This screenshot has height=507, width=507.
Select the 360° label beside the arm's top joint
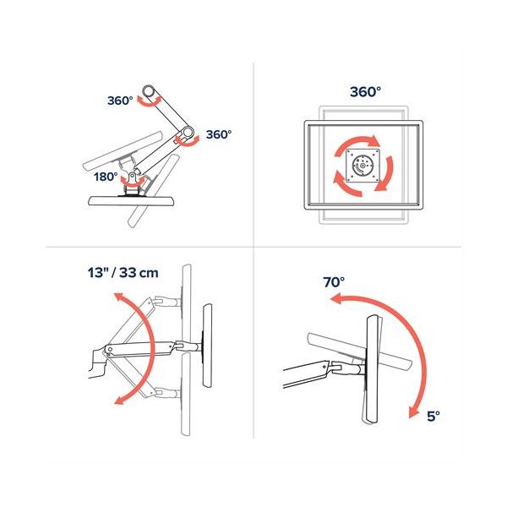tap(121, 100)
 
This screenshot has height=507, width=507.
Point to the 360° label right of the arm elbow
tap(218, 134)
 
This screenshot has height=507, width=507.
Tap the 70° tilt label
tap(333, 282)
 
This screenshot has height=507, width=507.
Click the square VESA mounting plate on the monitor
tap(364, 166)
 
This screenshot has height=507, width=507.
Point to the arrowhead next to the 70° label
tap(335, 300)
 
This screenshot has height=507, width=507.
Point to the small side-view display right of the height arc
tap(205, 346)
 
